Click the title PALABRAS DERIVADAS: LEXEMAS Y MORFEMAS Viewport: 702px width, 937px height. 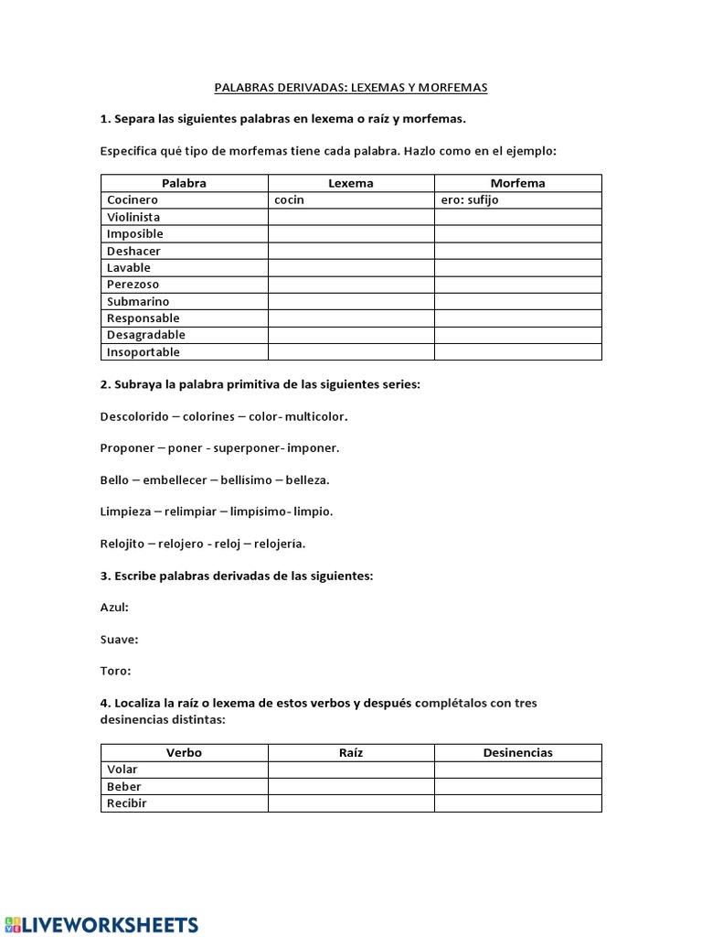point(351,88)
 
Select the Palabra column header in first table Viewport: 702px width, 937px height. point(184,183)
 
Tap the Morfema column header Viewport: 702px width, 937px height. point(517,183)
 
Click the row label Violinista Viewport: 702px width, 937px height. point(133,217)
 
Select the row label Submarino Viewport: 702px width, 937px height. point(138,301)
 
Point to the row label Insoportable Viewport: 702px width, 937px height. point(144,352)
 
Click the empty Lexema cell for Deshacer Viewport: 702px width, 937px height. point(351,251)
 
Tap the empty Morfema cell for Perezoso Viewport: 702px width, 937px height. point(517,285)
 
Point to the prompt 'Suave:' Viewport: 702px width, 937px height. point(119,640)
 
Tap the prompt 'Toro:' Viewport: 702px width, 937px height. point(115,671)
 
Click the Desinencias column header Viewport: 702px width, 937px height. point(517,753)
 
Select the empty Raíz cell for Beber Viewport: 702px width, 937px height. point(351,787)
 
